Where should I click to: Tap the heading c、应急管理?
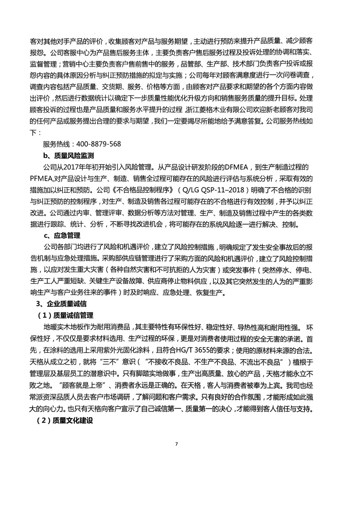coord(62,235)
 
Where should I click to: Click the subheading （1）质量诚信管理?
coord(65,316)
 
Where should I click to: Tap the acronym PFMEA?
coord(42,178)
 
